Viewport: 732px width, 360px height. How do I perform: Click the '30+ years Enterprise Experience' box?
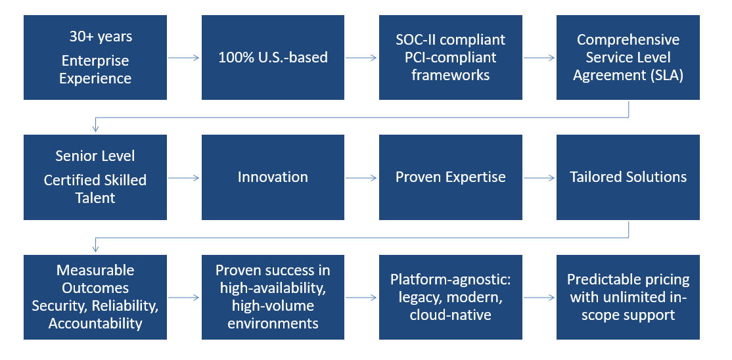(95, 58)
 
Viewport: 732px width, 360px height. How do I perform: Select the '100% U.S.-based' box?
(273, 58)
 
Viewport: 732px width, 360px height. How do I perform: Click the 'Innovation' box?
(273, 177)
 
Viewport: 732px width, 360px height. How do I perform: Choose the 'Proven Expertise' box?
(451, 177)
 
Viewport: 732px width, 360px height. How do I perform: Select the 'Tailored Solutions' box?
(628, 177)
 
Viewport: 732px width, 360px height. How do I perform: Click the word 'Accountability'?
(95, 323)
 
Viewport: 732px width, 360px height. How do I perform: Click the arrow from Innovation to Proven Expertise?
(361, 177)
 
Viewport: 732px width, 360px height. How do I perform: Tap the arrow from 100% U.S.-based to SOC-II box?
(361, 58)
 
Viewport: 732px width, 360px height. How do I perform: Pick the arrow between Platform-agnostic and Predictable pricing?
(539, 298)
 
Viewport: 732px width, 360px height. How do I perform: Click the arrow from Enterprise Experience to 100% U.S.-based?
(184, 58)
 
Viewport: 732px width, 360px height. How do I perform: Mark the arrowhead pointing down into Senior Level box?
(96, 129)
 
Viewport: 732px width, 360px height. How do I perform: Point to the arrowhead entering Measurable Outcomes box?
(96, 249)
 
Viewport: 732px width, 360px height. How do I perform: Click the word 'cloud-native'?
(451, 315)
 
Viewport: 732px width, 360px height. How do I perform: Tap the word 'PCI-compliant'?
(451, 58)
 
